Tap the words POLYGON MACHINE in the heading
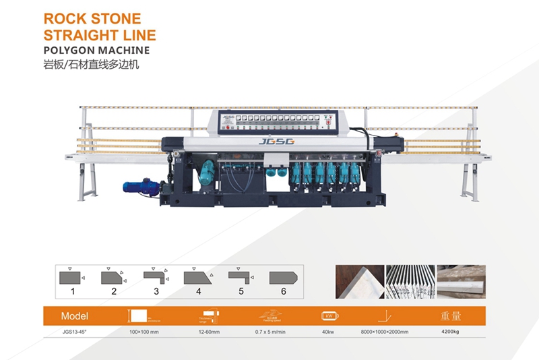(x=95, y=50)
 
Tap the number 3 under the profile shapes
(x=156, y=291)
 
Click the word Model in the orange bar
(x=74, y=316)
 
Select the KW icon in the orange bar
(x=331, y=315)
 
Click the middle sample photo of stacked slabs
(x=410, y=282)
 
